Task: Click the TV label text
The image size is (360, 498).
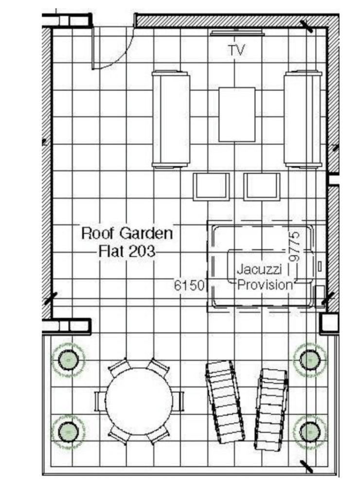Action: click(237, 50)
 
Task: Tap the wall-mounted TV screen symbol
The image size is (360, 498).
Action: click(237, 33)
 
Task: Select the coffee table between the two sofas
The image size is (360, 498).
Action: click(237, 114)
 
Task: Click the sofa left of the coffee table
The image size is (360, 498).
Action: click(171, 119)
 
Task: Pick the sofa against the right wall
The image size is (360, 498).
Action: click(303, 119)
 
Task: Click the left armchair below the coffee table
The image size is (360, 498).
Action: click(211, 187)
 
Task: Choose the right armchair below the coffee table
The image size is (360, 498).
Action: click(262, 187)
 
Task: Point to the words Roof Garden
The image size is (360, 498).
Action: click(127, 233)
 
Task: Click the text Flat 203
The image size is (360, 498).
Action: click(127, 251)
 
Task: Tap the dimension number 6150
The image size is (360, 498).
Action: click(189, 285)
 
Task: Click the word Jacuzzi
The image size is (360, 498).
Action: click(259, 270)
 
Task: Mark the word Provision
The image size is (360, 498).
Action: click(265, 285)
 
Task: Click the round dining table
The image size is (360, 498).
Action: click(139, 401)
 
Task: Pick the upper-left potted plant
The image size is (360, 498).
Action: click(68, 360)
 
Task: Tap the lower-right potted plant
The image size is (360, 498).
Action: click(310, 432)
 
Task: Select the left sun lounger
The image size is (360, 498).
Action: click(225, 402)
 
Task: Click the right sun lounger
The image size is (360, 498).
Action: click(271, 409)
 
